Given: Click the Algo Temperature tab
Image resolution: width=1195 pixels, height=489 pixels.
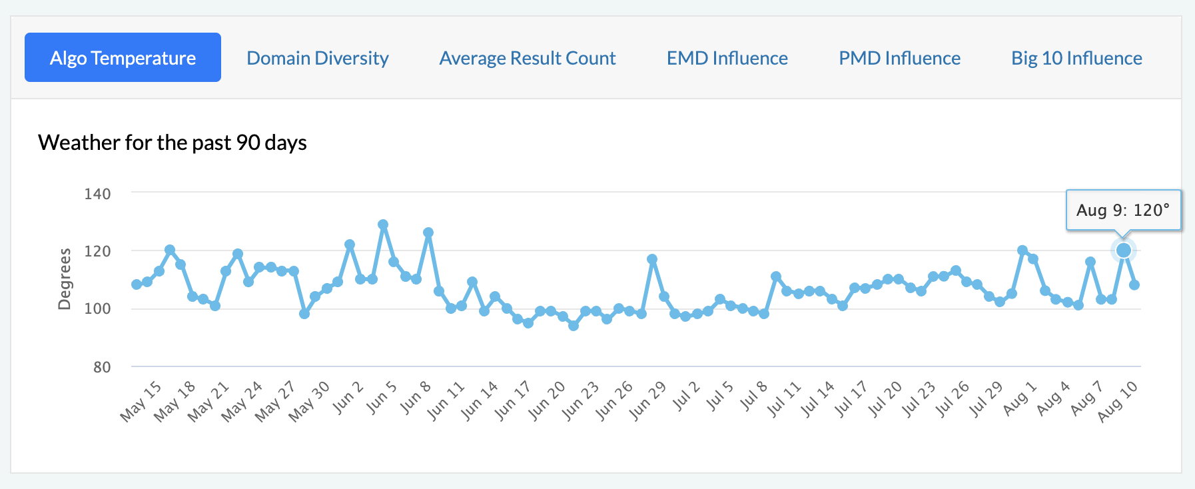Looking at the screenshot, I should click(123, 58).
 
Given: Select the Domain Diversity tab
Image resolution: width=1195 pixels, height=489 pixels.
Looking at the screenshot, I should click(318, 58).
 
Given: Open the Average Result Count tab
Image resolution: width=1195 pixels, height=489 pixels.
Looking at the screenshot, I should click(528, 58).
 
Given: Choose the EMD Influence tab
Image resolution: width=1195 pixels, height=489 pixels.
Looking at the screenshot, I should click(727, 58).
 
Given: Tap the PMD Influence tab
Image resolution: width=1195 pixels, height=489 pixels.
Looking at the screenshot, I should click(899, 58).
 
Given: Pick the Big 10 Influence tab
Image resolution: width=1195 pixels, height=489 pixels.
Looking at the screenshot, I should click(1076, 58).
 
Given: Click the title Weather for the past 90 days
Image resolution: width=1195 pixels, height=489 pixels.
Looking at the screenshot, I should click(173, 143).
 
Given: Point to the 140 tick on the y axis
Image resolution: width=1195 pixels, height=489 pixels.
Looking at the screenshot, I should click(97, 194).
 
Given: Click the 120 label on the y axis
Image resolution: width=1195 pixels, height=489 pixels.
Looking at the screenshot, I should click(97, 251).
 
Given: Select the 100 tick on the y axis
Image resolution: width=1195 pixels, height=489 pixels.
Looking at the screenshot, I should click(97, 309).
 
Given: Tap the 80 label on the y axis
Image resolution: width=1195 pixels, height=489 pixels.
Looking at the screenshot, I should click(102, 367).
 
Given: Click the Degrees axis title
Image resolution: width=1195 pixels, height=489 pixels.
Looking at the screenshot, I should click(65, 279).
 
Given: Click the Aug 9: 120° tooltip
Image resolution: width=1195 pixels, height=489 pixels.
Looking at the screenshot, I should click(1123, 211).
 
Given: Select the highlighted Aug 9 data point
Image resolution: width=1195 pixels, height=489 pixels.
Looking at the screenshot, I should click(1124, 250).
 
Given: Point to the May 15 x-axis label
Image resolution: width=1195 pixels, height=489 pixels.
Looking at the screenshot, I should click(141, 401).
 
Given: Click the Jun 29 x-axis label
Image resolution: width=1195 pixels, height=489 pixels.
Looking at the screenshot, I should click(648, 401).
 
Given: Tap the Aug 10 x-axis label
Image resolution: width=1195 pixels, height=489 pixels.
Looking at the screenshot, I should click(1118, 401).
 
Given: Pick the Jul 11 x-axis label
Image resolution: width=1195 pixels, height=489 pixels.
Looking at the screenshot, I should click(784, 401).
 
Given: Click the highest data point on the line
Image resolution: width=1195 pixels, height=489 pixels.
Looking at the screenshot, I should click(383, 225).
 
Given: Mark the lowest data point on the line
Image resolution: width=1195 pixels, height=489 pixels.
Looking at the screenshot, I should click(574, 326).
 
